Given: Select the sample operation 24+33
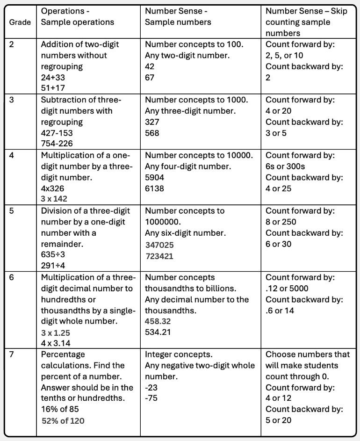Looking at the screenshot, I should click(x=55, y=78).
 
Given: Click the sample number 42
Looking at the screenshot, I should click(x=150, y=66).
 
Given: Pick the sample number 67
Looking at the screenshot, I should click(x=150, y=77).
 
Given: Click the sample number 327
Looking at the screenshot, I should click(x=152, y=122).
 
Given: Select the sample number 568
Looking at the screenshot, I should click(x=152, y=133).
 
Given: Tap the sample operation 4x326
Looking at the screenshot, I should click(x=54, y=188).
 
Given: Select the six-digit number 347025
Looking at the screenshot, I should click(x=160, y=245).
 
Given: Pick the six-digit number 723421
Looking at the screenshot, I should click(x=160, y=256).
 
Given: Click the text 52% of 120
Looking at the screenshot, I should click(x=63, y=420).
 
